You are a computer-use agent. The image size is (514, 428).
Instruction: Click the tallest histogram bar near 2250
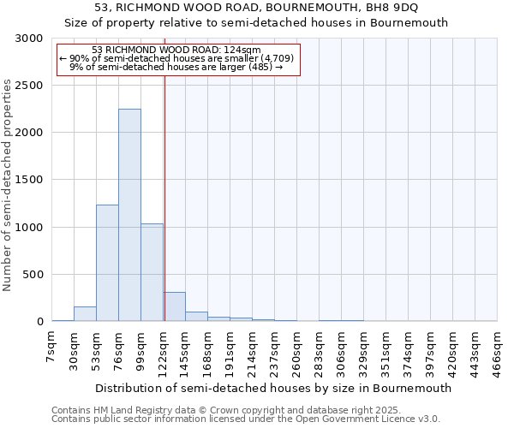(x=129, y=215)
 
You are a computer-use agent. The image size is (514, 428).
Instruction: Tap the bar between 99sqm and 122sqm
(x=152, y=272)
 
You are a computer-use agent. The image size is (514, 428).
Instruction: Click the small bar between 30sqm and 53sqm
(x=85, y=314)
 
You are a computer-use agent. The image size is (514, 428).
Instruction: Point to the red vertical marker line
(x=164, y=197)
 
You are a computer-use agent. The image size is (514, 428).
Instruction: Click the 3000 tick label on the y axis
(x=29, y=39)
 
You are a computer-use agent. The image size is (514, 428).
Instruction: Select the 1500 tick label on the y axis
(x=29, y=181)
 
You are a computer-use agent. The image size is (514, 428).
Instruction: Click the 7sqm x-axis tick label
(x=52, y=348)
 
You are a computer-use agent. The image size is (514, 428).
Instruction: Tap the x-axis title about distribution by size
(x=274, y=388)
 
